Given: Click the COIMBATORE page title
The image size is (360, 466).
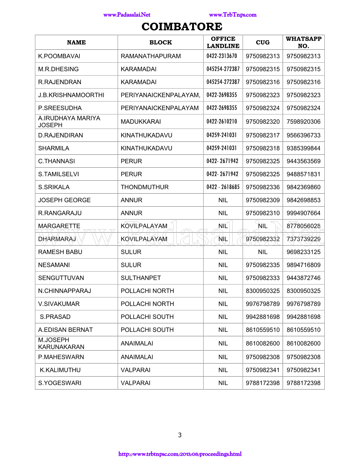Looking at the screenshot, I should click(182, 27).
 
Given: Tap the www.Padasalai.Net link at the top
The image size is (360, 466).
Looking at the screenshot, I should click(127, 15).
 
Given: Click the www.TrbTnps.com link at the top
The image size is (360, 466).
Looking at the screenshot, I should click(233, 15).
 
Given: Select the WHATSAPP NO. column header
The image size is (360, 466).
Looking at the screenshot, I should click(304, 42).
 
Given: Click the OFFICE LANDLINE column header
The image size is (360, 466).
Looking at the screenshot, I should click(223, 42).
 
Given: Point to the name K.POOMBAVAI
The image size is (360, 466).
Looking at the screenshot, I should click(59, 56).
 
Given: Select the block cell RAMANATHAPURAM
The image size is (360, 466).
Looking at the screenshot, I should click(151, 56).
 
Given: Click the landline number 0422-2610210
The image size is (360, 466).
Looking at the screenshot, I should click(222, 122).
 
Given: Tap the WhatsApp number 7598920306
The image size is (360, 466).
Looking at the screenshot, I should click(304, 122).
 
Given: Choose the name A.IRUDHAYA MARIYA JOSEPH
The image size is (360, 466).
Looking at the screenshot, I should click(69, 122).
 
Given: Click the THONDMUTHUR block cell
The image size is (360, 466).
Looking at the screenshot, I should click(144, 187).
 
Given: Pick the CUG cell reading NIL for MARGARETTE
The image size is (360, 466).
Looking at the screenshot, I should click(263, 226).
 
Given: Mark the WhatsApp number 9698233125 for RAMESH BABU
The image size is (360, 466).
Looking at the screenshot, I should click(304, 252).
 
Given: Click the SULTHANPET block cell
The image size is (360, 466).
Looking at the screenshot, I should click(141, 278).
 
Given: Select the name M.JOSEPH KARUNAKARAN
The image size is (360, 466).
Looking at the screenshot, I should click(61, 343).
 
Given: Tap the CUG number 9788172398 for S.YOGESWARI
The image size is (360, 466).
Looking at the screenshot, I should click(263, 383).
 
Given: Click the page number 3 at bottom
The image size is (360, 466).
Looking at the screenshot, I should click(180, 435).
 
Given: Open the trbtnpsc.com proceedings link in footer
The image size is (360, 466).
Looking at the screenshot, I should click(180, 454).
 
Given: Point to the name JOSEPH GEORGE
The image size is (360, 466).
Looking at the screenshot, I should click(64, 200).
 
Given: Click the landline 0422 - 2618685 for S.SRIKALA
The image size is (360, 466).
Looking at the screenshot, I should click(223, 187).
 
